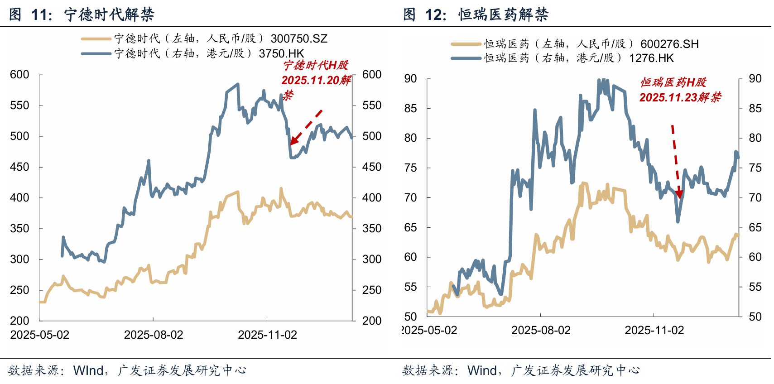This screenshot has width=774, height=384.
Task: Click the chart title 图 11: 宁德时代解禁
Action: pos(82,14)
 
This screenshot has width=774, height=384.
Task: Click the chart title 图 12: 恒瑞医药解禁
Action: pos(476,14)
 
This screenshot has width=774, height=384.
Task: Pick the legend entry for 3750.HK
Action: pos(209,53)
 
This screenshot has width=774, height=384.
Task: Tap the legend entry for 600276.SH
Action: pos(591,44)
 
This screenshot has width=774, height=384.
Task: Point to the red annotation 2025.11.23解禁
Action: pos(680,97)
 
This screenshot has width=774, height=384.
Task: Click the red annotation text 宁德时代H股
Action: pos(316,65)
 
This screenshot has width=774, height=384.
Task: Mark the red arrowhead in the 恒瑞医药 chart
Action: pos(678,194)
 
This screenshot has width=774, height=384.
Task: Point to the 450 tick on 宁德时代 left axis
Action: pos(19,167)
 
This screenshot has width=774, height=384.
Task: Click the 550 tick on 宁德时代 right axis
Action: pos(372,106)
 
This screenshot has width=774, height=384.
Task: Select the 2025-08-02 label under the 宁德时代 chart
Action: pos(154,335)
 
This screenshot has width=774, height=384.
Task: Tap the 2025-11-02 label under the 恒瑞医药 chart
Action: pos(654,330)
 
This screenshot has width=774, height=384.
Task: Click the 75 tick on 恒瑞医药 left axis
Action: pos(410,168)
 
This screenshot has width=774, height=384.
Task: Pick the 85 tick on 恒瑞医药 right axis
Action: pos(755,109)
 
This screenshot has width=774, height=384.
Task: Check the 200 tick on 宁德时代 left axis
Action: pos(19,321)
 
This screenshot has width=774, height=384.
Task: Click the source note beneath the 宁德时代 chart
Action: pos(127,370)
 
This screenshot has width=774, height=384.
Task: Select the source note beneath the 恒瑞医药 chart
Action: pos(521,370)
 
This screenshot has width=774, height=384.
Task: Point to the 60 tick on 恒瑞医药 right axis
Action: pos(755,257)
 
